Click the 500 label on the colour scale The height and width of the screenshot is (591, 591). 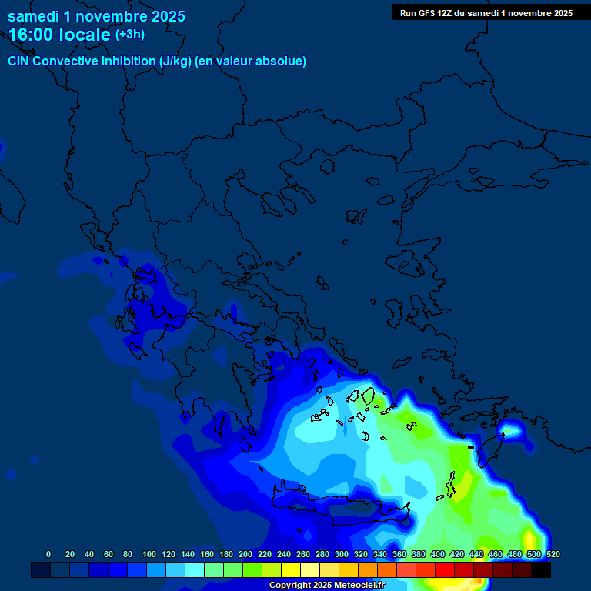(533, 554)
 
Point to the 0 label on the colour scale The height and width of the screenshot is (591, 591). (48, 554)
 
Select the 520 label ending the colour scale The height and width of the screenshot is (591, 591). (553, 554)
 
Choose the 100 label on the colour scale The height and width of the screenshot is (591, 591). (149, 554)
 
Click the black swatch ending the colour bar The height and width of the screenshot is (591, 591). (541, 570)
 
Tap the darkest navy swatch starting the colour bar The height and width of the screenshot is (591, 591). (41, 570)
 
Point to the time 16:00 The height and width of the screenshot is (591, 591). (32, 35)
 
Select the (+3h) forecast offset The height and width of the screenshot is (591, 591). (129, 35)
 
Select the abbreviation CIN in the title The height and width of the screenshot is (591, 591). (19, 62)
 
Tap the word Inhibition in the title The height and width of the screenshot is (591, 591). (129, 62)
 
